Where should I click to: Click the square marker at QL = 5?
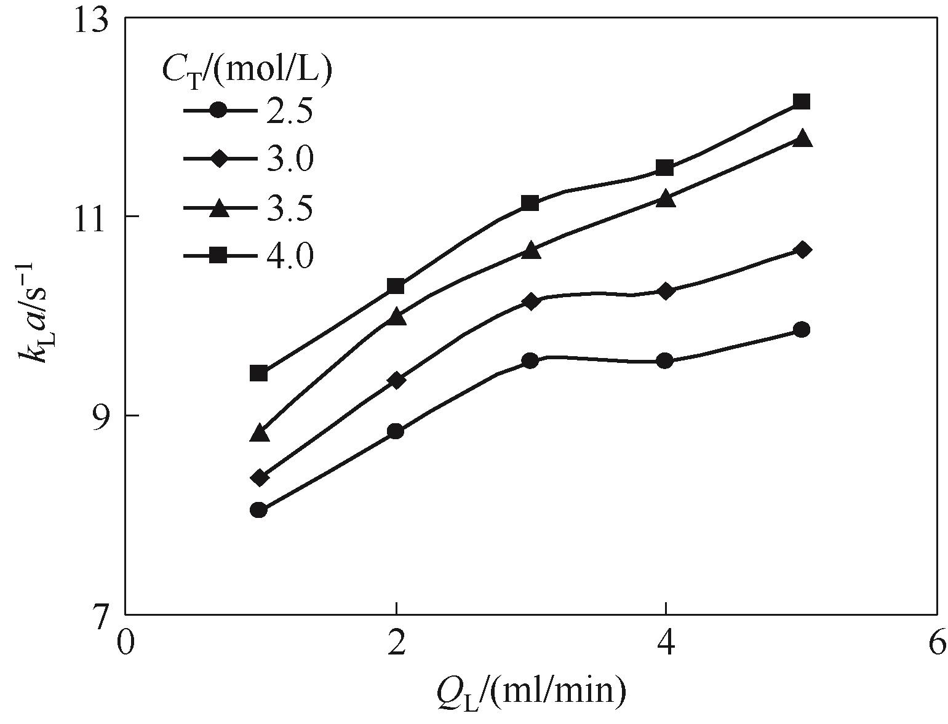pyautogui.click(x=801, y=101)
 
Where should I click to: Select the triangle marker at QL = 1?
pyautogui.click(x=260, y=432)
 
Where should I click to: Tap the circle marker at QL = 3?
pyautogui.click(x=530, y=360)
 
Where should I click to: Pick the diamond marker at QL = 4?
pyautogui.click(x=665, y=292)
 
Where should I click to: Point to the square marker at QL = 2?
pyautogui.click(x=396, y=286)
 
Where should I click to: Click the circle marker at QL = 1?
pyautogui.click(x=259, y=510)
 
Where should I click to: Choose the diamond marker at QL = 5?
pyautogui.click(x=802, y=250)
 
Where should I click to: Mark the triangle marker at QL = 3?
pyautogui.click(x=531, y=250)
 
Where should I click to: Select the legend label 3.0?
pyautogui.click(x=290, y=159)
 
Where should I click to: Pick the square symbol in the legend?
pyautogui.click(x=219, y=256)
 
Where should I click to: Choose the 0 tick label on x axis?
pyautogui.click(x=125, y=643)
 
